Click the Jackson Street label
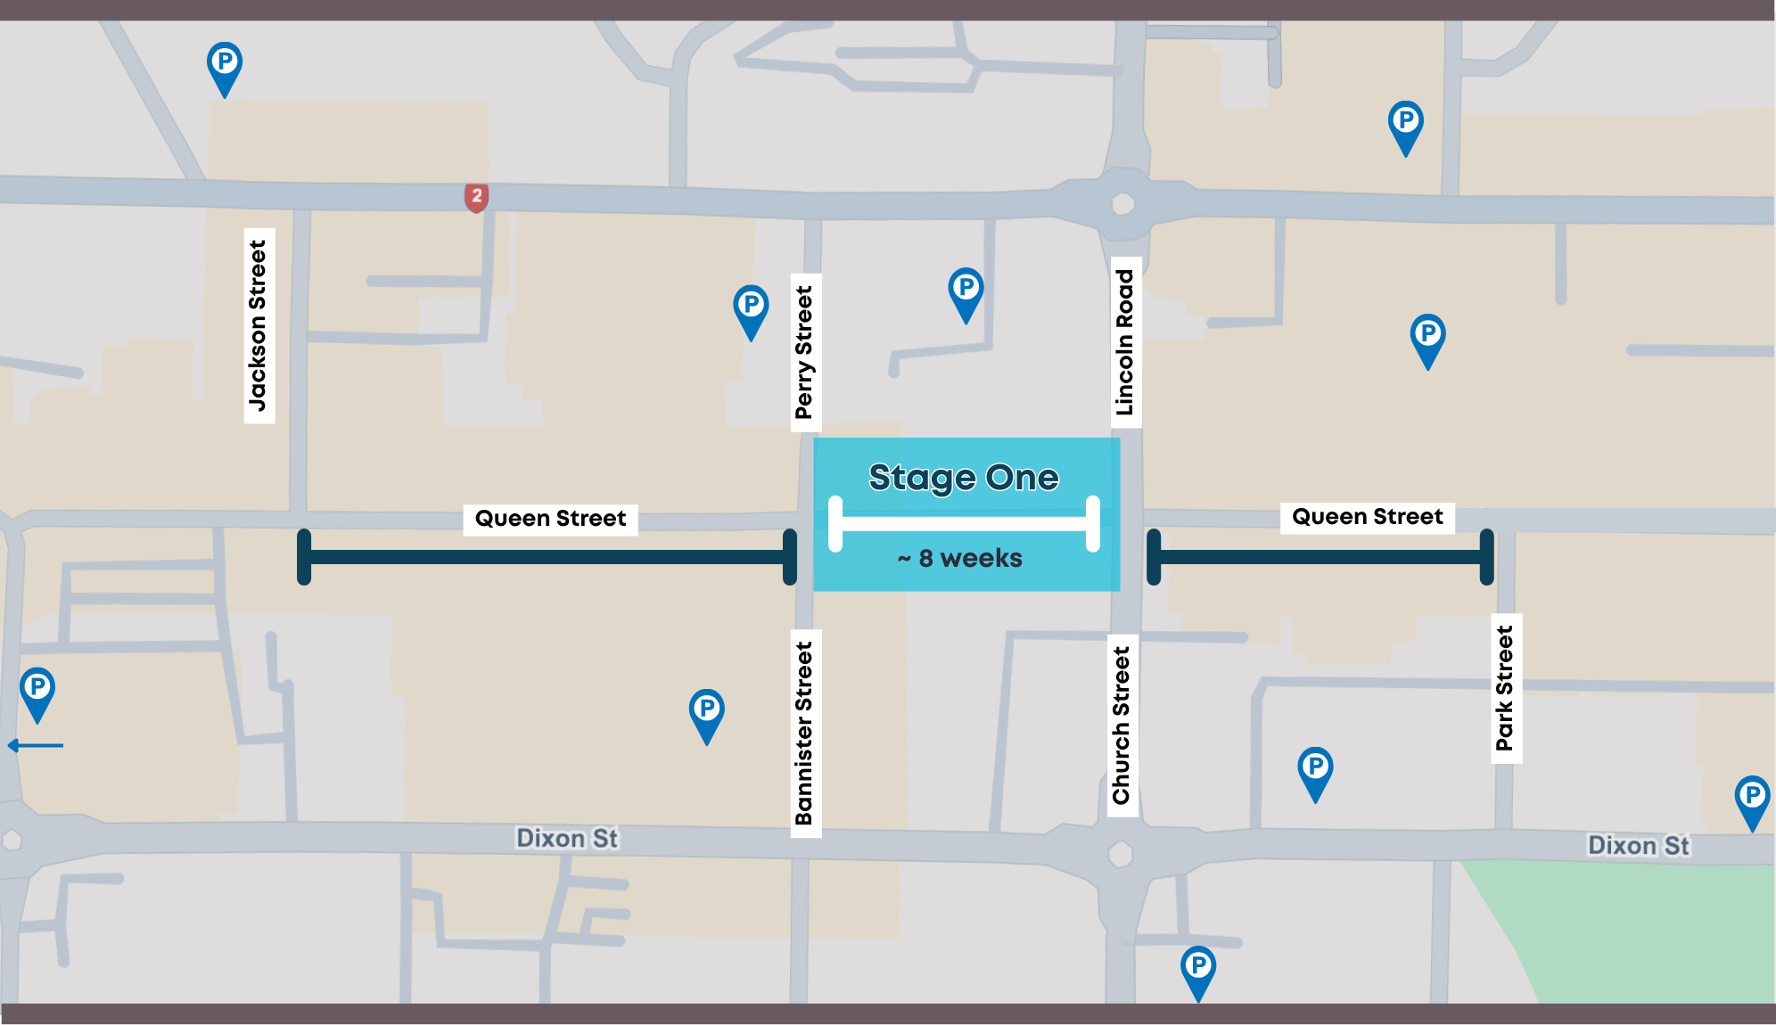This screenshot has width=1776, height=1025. click(x=259, y=325)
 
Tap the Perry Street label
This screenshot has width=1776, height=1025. click(x=805, y=352)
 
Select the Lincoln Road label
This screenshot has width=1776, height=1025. click(x=1125, y=342)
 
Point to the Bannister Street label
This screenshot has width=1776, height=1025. click(x=805, y=733)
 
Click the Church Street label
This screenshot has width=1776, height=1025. click(x=1122, y=725)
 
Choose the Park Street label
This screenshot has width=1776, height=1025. click(x=1506, y=688)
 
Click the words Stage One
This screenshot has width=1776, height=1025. click(x=964, y=478)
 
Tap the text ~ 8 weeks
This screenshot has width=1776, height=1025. click(x=960, y=558)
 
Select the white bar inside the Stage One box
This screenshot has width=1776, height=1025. click(x=964, y=523)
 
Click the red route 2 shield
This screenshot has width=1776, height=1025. click(x=477, y=197)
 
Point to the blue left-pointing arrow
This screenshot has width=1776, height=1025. click(x=36, y=745)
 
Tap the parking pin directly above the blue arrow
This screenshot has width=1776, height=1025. click(x=37, y=691)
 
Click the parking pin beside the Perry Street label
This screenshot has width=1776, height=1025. click(x=752, y=308)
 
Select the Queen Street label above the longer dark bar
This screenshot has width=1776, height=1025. click(x=550, y=519)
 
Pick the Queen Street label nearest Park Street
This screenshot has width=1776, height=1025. click(x=1367, y=517)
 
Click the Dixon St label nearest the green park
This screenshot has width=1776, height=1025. click(x=1638, y=845)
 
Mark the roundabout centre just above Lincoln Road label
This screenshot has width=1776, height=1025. click(x=1123, y=204)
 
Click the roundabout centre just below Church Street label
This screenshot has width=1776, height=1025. click(x=1121, y=855)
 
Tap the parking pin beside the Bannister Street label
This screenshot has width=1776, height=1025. click(x=707, y=712)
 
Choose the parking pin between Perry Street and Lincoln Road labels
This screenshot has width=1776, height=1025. click(x=966, y=291)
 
